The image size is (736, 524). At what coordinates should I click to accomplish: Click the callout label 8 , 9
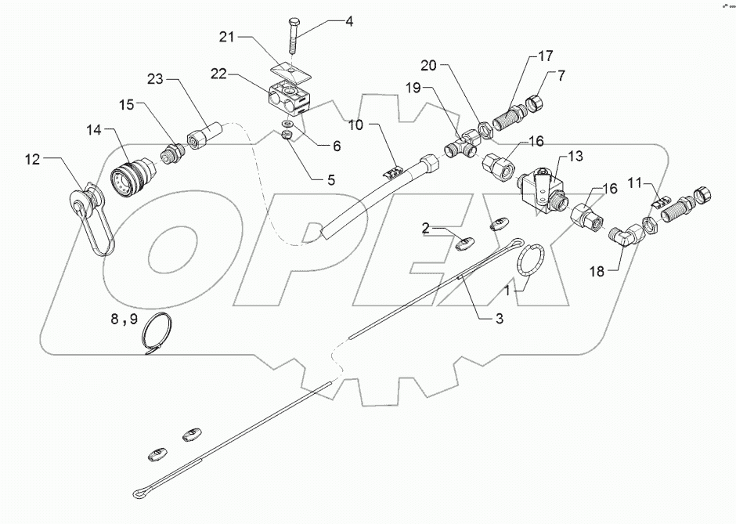point(124,320)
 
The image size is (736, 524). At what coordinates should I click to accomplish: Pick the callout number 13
point(575,157)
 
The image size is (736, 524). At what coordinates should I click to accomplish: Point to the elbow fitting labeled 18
point(626,236)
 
